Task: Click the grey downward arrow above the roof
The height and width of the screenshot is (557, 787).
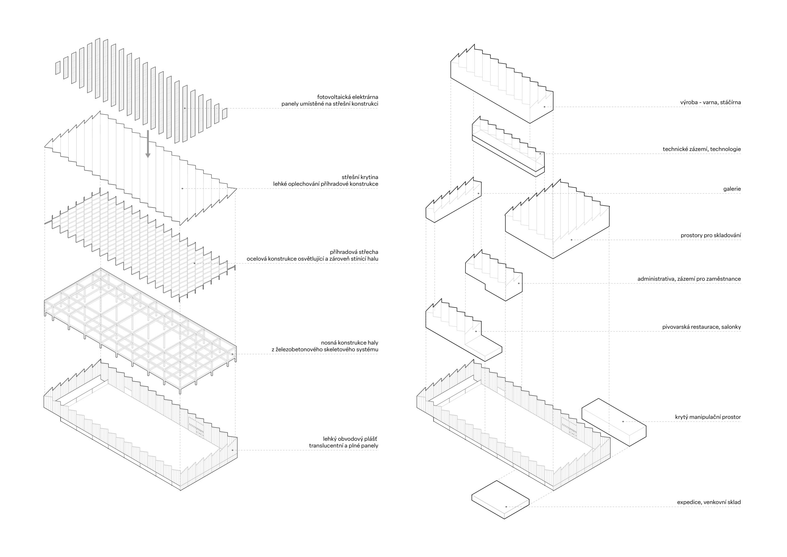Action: pyautogui.click(x=148, y=144)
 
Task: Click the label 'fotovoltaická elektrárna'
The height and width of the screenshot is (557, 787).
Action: pyautogui.click(x=348, y=97)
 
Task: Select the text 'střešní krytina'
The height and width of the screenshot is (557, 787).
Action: pyautogui.click(x=360, y=177)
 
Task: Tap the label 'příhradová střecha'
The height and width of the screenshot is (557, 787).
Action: pyautogui.click(x=354, y=252)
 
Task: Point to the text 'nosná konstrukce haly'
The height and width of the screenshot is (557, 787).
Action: pyautogui.click(x=349, y=343)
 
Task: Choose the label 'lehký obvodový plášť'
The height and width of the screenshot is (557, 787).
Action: pyautogui.click(x=350, y=439)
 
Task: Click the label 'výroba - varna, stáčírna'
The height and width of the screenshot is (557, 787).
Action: pyautogui.click(x=710, y=102)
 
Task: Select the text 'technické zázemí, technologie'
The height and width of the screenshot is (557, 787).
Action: pyautogui.click(x=702, y=149)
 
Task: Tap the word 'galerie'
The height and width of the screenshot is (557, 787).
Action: pyautogui.click(x=732, y=189)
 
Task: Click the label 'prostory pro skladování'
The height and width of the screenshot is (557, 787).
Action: pyautogui.click(x=710, y=236)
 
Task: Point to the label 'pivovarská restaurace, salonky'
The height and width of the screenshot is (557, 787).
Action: pyautogui.click(x=701, y=327)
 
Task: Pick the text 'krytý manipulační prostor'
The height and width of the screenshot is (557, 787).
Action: pyautogui.click(x=708, y=417)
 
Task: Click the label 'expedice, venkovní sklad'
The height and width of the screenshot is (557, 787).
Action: pyautogui.click(x=709, y=502)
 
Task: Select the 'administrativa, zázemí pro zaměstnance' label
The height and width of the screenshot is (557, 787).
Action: pyautogui.click(x=689, y=279)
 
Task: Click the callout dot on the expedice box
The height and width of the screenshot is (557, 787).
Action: pyautogui.click(x=506, y=507)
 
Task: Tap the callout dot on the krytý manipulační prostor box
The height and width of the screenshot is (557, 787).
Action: pyautogui.click(x=623, y=422)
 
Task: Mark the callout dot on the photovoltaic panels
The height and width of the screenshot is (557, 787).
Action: pyautogui.click(x=185, y=108)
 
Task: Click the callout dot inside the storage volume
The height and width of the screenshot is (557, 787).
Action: pyautogui.click(x=571, y=240)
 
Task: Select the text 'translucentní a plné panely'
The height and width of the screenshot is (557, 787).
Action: pyautogui.click(x=343, y=446)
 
